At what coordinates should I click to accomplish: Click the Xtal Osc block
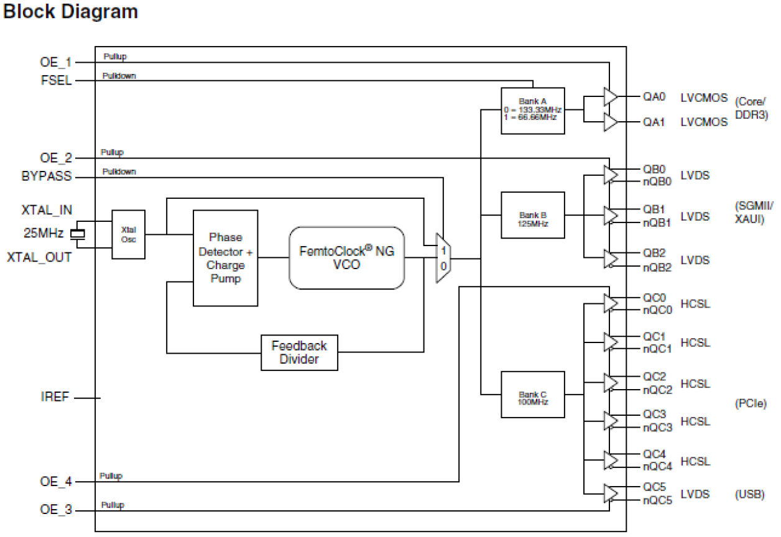click(x=128, y=234)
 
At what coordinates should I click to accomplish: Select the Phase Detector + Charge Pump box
click(x=225, y=258)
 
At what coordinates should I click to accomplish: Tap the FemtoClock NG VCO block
click(x=346, y=257)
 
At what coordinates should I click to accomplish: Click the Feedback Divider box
click(x=299, y=352)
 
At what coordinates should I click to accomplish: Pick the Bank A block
click(x=532, y=111)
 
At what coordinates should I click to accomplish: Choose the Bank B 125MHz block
click(x=532, y=216)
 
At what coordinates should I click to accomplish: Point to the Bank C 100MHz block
click(x=532, y=395)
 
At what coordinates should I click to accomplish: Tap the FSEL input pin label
click(x=56, y=81)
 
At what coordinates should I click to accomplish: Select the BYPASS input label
click(x=46, y=177)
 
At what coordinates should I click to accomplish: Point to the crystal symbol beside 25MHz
click(x=78, y=234)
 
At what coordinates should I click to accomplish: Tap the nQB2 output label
click(x=658, y=268)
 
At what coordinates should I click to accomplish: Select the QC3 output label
click(x=654, y=414)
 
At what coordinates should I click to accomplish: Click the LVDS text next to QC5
click(x=695, y=495)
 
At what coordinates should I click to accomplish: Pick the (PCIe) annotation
click(x=751, y=404)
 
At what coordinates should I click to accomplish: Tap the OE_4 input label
click(x=56, y=481)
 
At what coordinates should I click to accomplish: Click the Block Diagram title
click(x=70, y=12)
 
